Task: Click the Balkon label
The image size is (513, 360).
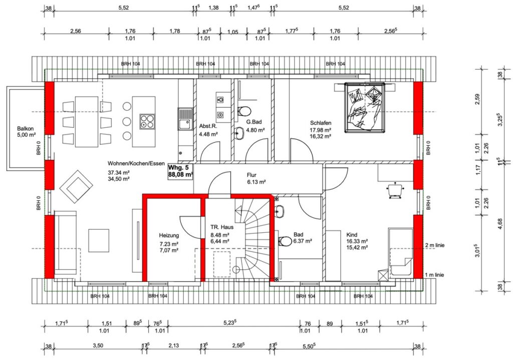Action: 25,129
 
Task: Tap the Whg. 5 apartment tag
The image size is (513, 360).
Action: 180,171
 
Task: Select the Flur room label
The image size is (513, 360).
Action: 251,175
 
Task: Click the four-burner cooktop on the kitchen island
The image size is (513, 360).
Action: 147,121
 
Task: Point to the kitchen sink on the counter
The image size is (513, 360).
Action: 185,119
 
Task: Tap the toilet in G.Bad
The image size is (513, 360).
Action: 244,111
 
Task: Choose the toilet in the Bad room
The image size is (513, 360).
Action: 285,241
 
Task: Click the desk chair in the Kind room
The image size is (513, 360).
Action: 395,190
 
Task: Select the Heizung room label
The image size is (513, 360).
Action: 169,235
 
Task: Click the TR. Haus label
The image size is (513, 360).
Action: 222,227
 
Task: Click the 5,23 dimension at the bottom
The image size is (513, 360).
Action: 229,323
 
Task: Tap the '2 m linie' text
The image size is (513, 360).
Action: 435,245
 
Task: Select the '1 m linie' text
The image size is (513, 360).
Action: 434,275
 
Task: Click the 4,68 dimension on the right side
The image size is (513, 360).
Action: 500,224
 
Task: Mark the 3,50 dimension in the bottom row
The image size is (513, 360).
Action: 98,345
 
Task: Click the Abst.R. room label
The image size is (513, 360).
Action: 208,126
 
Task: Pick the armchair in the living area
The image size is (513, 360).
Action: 76,187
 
